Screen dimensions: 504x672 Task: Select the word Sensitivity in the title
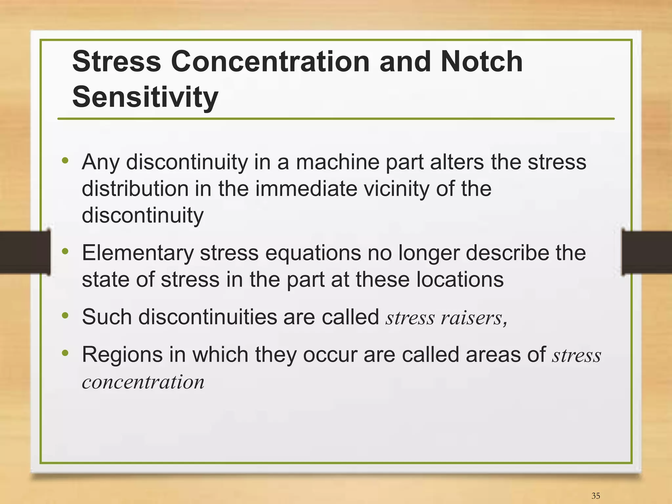click(x=145, y=97)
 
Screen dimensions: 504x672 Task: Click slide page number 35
click(x=596, y=496)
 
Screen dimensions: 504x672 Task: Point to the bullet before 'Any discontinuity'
click(x=65, y=161)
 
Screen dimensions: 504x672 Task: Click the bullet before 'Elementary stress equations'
click(x=65, y=252)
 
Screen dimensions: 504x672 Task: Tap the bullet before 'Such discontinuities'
click(x=65, y=315)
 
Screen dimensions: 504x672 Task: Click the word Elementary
click(x=138, y=253)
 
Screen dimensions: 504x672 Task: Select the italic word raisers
click(x=471, y=318)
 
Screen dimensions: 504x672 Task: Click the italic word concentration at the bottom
click(x=143, y=382)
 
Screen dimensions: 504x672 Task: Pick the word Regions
click(x=122, y=355)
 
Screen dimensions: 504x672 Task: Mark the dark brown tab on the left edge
click(x=25, y=252)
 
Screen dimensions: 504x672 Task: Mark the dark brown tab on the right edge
click(x=646, y=252)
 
